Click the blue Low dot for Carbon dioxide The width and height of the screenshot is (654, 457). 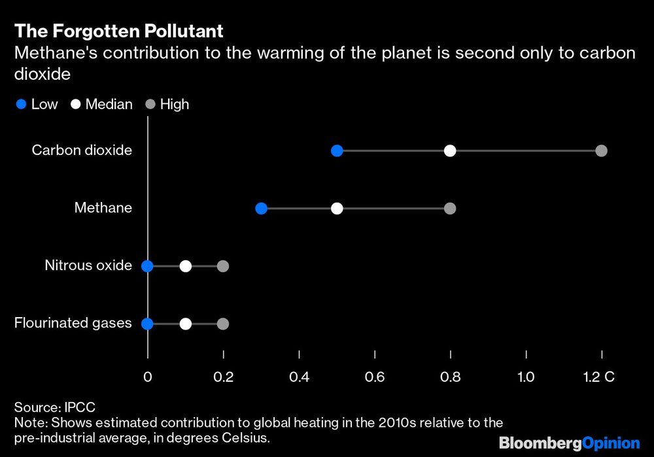pyautogui.click(x=337, y=151)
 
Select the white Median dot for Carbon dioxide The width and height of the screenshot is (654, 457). pyautogui.click(x=450, y=151)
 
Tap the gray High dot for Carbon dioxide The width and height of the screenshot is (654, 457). pyautogui.click(x=602, y=151)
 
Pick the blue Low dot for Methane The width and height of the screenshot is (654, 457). pyautogui.click(x=261, y=209)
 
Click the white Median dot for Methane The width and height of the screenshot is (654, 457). pyautogui.click(x=337, y=209)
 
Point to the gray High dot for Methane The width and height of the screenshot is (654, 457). pyautogui.click(x=450, y=209)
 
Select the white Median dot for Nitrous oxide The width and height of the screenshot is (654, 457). pyautogui.click(x=186, y=266)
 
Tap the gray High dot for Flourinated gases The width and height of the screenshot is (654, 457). pyautogui.click(x=223, y=324)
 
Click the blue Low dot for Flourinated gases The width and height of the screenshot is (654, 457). pyautogui.click(x=148, y=324)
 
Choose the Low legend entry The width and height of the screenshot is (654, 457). pyautogui.click(x=37, y=104)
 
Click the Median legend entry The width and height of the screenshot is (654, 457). pyautogui.click(x=102, y=104)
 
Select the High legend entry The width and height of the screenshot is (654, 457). pyautogui.click(x=167, y=104)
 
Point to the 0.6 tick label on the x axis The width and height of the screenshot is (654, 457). pyautogui.click(x=375, y=377)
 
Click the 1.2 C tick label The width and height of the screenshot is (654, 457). pyautogui.click(x=600, y=377)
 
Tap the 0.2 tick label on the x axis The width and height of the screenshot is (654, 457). pyautogui.click(x=224, y=377)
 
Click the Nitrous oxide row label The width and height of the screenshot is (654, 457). pyautogui.click(x=88, y=265)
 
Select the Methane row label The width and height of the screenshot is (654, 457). pyautogui.click(x=103, y=208)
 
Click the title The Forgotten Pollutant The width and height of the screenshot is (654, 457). pyautogui.click(x=119, y=31)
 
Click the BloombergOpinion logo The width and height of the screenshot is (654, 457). pyautogui.click(x=569, y=443)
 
